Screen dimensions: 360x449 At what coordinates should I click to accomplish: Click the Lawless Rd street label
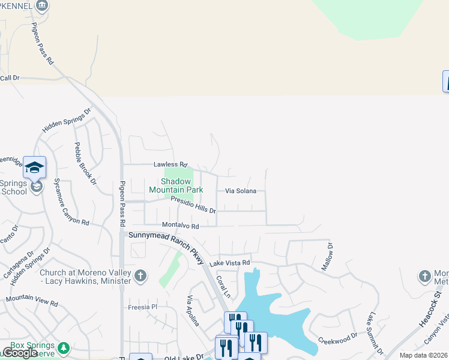point(170,164)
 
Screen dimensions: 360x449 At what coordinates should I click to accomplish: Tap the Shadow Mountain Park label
point(176,185)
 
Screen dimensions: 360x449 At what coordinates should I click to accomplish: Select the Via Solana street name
point(241,191)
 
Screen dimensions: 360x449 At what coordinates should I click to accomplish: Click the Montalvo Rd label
point(180,226)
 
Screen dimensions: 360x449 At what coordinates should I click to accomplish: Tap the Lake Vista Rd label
point(229,263)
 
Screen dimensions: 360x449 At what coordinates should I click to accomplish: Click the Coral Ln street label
point(223,286)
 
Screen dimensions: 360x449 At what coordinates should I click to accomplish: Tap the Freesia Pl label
point(142,307)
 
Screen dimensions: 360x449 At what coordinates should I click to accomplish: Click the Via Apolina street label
point(193,311)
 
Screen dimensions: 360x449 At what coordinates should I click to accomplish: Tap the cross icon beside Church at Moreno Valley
point(140,276)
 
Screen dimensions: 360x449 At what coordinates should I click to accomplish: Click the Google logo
point(20,353)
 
